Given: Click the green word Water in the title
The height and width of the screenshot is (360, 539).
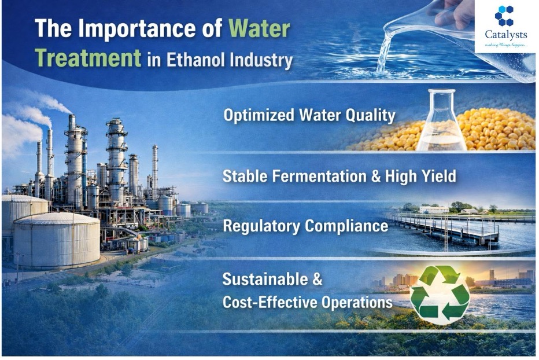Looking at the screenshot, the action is coord(259,28).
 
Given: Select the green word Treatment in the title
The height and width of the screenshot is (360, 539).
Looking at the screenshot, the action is coord(88,57).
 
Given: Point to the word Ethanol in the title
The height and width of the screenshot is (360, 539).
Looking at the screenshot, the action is coord(196,60).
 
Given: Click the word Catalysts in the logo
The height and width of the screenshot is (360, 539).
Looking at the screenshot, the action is coord(505,34).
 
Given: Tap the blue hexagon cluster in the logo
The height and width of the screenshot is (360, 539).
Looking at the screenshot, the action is coord(505,16).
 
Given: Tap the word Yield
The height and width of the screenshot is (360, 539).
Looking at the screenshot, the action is coord(438,176).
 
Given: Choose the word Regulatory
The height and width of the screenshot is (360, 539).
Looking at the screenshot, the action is coord(261,226).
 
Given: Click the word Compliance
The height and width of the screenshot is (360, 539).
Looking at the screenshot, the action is coord(347,226).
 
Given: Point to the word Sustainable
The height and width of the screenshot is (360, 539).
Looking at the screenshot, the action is coord(265,279).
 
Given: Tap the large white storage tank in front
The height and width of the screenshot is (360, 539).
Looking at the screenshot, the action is coord(57,239).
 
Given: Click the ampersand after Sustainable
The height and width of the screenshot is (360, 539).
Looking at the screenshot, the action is coord(317,279).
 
